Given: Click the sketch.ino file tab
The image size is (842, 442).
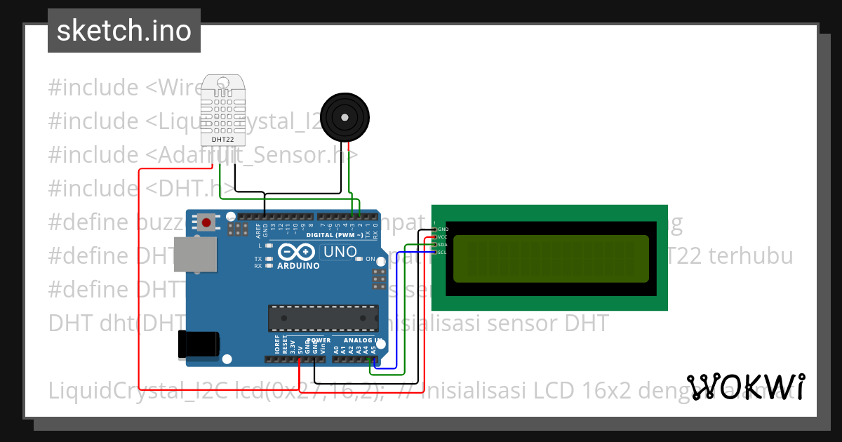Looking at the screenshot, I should [x=124, y=31].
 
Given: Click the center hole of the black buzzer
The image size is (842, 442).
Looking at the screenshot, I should [x=344, y=116].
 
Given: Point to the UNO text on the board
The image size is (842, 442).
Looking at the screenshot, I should [x=339, y=251].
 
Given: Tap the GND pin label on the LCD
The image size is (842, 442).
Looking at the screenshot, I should [x=442, y=229].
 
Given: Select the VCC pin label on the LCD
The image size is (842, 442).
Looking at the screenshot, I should [x=442, y=237].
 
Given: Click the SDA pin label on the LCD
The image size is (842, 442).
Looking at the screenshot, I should [x=442, y=245].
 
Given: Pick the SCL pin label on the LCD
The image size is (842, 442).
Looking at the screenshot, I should [x=442, y=252].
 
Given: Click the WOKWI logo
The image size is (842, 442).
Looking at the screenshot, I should [x=745, y=387].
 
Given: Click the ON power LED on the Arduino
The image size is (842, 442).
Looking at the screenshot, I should [x=359, y=259].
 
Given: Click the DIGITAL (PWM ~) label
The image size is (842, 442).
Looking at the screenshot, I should [x=335, y=234].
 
